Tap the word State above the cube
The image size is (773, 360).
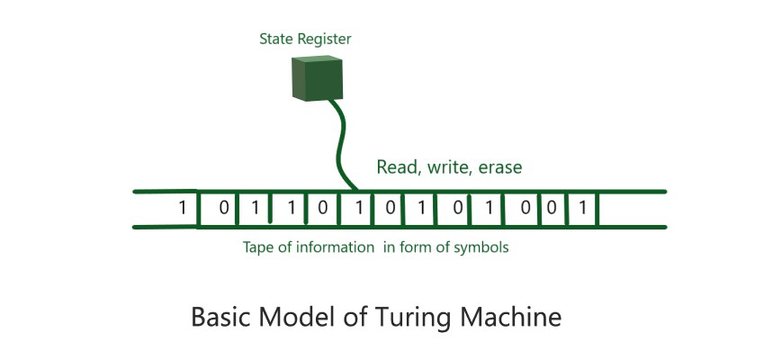276,39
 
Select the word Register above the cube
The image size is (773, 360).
325,40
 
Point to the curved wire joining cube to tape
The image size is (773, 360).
338,144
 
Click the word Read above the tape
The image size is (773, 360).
396,166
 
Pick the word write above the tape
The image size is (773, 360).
448,166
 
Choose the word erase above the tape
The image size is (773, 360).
499,166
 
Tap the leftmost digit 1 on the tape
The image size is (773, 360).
182,209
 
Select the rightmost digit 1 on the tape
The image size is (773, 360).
583,209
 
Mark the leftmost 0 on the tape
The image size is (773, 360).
223,209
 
